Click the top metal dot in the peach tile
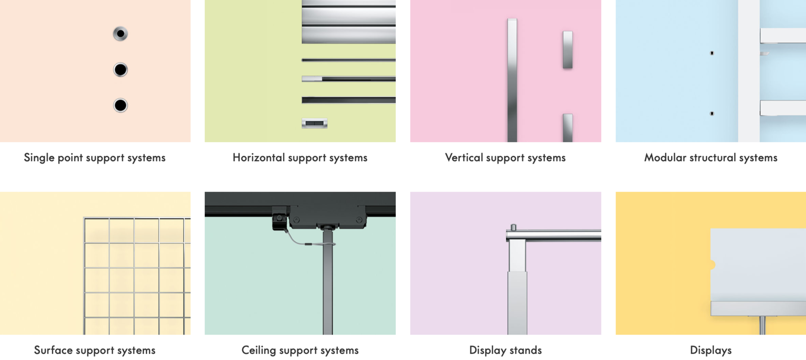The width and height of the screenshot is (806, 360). coord(120,34)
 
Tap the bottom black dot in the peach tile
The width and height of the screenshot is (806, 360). coord(120,106)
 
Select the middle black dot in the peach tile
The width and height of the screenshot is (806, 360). coord(120,70)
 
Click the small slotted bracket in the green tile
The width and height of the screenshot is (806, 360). coord(315,123)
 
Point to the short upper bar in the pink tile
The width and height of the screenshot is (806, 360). coord(568,50)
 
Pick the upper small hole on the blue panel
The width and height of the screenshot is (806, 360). coord(712,53)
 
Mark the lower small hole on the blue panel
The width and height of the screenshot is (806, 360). coord(712,114)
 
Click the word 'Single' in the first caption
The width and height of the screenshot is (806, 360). coord(39,157)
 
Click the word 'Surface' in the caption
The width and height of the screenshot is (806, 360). coord(53,350)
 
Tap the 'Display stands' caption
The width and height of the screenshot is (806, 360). coord(506,350)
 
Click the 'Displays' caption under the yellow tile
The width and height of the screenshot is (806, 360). coord(711,350)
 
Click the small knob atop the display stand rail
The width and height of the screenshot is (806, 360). coord(513,228)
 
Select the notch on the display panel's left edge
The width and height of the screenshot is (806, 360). coord(713,265)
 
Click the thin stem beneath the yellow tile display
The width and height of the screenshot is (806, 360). coord(762,325)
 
